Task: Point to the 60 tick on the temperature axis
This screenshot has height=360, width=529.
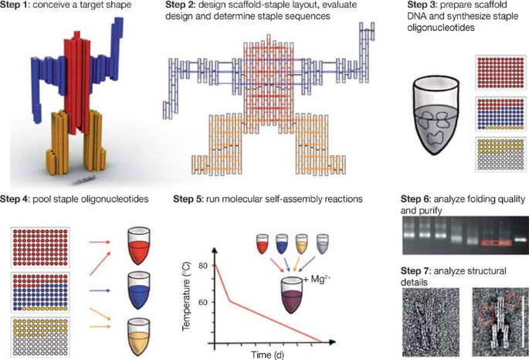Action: [x=202, y=302]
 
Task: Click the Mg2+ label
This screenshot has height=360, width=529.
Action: [x=316, y=280]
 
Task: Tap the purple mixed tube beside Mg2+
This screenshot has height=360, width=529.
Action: [x=292, y=296]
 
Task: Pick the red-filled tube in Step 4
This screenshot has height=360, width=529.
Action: [x=138, y=246]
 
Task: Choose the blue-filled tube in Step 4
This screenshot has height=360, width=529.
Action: [x=138, y=290]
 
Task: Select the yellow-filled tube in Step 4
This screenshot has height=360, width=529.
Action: [x=138, y=336]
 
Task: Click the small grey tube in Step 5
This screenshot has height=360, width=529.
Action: [x=322, y=243]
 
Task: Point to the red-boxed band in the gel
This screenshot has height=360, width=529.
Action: [x=497, y=243]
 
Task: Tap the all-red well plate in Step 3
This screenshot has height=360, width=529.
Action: [x=500, y=73]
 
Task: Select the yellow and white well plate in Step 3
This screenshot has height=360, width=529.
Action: [x=500, y=155]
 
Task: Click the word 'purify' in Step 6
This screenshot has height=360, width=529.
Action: [x=422, y=211]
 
